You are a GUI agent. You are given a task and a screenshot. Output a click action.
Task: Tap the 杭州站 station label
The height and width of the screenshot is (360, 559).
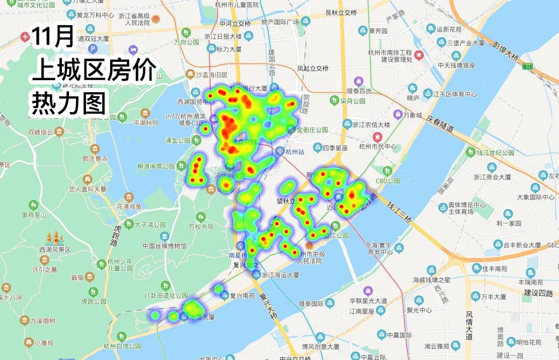[295, 152]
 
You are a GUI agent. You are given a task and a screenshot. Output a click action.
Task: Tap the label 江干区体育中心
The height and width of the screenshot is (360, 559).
[454, 94]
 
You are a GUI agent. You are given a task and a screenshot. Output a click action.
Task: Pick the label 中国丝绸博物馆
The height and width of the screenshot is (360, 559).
[164, 246]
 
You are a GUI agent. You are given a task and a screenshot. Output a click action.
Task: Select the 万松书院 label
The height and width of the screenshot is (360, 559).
[201, 227]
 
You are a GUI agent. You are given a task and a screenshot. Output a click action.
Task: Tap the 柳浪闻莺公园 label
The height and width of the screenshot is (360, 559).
[155, 166]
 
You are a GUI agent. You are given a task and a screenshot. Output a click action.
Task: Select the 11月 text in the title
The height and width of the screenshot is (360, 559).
[52, 37]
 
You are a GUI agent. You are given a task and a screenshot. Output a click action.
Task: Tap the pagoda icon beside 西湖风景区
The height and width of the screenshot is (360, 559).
[55, 238]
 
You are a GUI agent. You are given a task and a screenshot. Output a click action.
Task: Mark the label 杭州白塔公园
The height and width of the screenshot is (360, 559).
[122, 346]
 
